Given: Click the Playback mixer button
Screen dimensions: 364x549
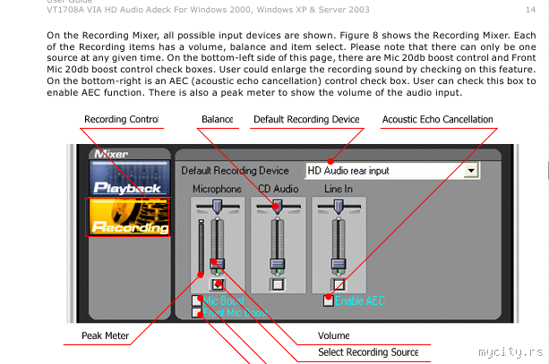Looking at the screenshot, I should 127,178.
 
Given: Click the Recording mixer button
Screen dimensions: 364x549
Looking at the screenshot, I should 127,217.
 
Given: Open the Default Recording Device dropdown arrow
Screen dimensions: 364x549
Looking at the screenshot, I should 470,170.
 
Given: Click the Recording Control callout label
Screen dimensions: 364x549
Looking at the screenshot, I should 120,120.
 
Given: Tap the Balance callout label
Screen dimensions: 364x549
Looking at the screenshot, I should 217,120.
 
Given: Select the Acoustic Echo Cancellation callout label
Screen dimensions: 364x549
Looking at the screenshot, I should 437,120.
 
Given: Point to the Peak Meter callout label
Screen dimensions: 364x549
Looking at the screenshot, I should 105,336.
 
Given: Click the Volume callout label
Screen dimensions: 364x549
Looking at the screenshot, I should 333,336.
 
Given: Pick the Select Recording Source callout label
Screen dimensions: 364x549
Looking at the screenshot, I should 368,352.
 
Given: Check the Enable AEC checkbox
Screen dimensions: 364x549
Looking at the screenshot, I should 329,301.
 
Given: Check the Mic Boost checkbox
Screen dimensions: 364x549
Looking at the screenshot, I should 197,301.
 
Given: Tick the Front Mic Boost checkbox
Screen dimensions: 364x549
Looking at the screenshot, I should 197,313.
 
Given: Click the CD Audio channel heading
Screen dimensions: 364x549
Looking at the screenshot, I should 278,189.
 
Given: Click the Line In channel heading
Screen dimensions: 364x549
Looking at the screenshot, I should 339,189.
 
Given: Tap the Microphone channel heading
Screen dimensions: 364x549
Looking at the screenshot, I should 217,189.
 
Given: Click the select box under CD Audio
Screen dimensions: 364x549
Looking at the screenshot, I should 278,284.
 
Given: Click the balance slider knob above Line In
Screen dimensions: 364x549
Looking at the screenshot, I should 339,207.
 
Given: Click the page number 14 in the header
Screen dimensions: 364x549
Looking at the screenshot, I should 531,8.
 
